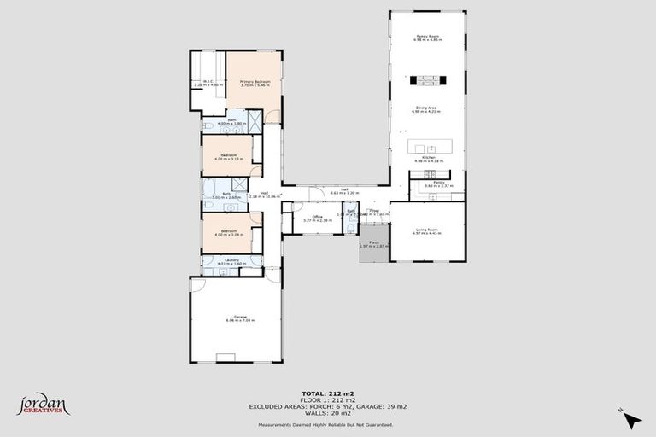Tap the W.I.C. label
(208, 84)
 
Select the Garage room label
(240, 319)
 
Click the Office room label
(316, 218)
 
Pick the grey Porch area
(373, 249)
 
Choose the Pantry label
(436, 184)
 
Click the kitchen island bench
(428, 144)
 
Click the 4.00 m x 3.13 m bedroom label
(229, 157)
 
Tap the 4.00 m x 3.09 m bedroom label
(229, 232)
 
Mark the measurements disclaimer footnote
(327, 423)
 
